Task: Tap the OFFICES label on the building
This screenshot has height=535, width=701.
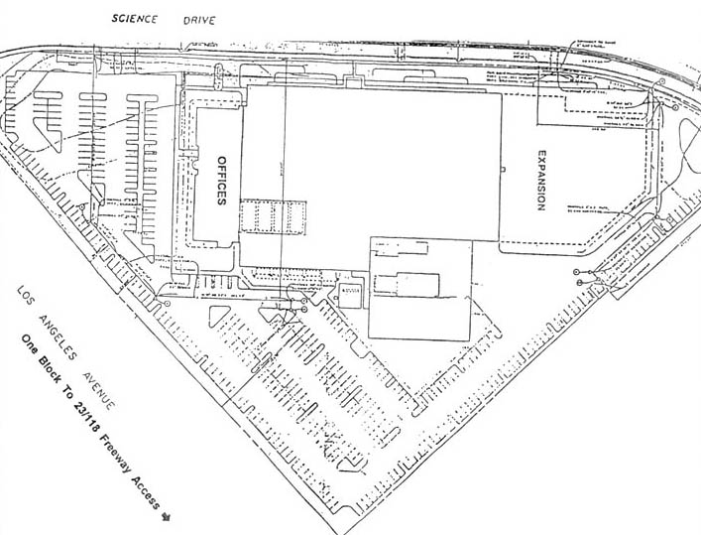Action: (x=222, y=181)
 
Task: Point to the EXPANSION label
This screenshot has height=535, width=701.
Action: (x=542, y=180)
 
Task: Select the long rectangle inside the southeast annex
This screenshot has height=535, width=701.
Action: (x=406, y=283)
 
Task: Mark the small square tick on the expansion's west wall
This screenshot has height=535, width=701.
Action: (x=503, y=172)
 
